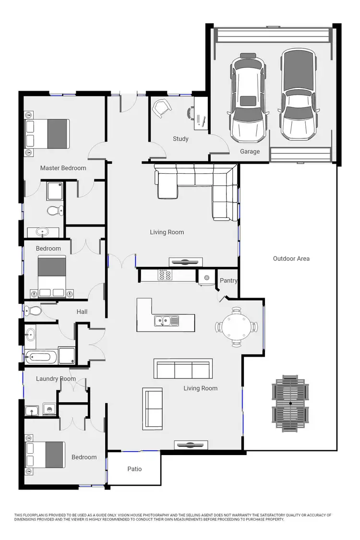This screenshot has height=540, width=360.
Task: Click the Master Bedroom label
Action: [x=63, y=168]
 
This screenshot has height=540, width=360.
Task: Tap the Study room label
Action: [x=180, y=139]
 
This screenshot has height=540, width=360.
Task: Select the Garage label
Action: [x=250, y=152]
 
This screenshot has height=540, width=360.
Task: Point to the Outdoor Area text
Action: [x=291, y=259]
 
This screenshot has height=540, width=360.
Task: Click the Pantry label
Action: [x=228, y=281]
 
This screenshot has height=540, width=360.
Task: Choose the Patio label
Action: [x=134, y=469]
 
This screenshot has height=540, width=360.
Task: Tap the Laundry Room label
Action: [x=56, y=379]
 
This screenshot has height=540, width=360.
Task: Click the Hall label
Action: [x=82, y=312]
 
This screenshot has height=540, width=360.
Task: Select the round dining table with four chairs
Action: [x=236, y=327]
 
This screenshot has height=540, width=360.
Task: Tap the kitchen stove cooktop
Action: [x=165, y=275]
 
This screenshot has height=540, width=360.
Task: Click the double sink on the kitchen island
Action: [x=167, y=321]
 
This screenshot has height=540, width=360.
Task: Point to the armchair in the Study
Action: [x=161, y=108]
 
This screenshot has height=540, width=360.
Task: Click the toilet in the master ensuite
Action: [x=55, y=210]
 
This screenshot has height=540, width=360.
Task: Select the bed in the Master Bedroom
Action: [x=48, y=134]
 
